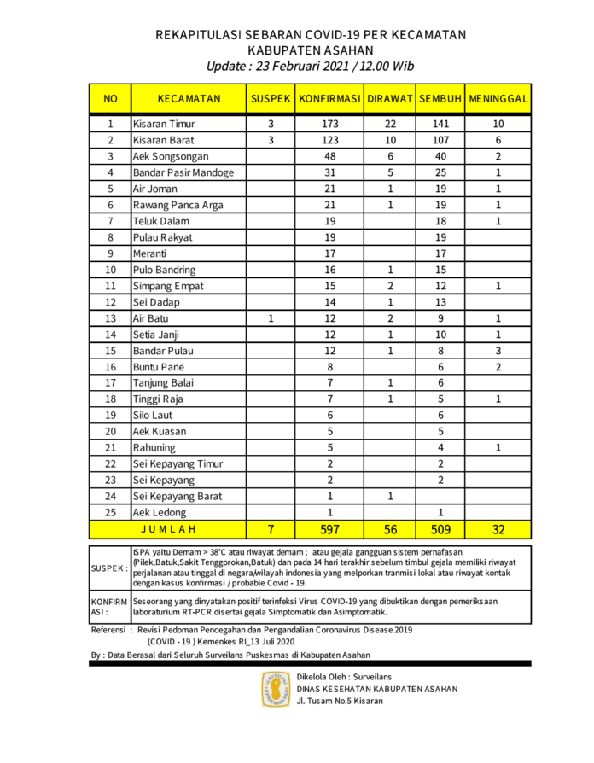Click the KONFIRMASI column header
330,99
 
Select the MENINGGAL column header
498,99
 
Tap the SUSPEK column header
271,99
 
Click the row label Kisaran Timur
164,124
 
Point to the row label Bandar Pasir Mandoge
183,172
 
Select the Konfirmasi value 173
330,124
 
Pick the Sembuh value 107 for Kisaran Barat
440,140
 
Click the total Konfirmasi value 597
330,529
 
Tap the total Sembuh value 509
440,529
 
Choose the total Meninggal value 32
498,529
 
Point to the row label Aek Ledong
158,512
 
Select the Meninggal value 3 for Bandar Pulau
498,350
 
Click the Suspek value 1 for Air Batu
271,317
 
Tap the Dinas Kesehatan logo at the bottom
275,689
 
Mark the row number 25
109,512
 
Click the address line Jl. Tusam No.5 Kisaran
340,701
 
